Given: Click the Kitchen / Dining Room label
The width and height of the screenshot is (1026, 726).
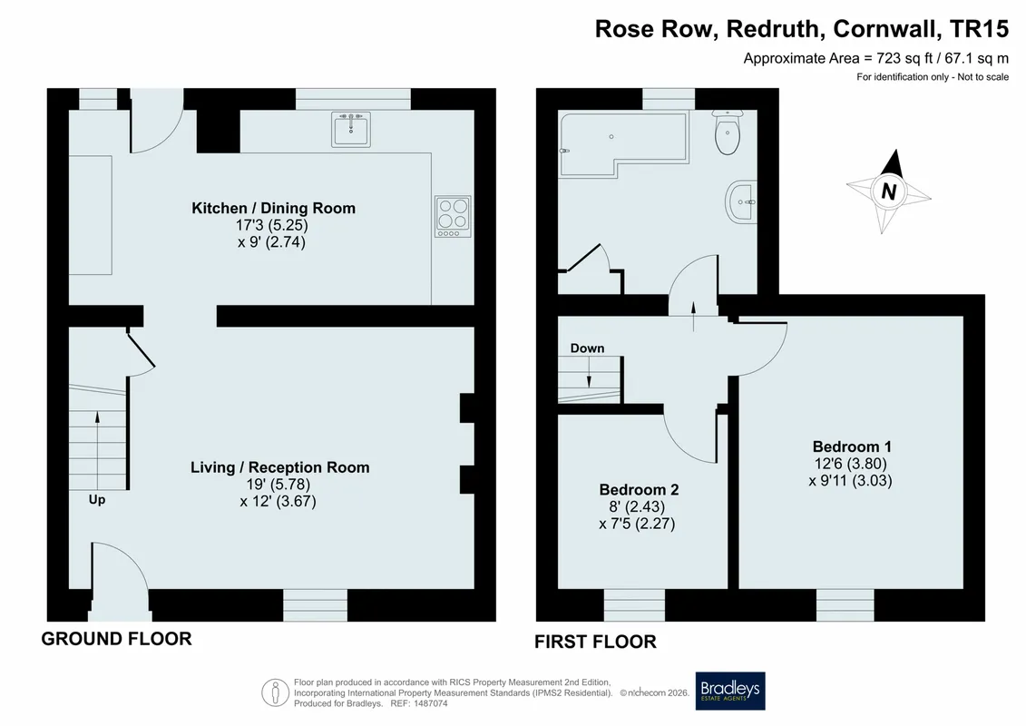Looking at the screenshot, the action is [274, 208].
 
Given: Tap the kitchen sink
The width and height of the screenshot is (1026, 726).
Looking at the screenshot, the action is [351, 129].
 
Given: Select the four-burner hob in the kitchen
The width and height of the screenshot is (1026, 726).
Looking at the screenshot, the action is [453, 216].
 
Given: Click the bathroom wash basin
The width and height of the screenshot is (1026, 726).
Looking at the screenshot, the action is [741, 202].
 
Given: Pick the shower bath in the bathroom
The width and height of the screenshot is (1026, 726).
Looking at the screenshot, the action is [624, 144].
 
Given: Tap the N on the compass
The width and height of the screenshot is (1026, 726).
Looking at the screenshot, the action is [889, 191].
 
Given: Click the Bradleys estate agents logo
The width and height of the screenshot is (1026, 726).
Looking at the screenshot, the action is [729, 691].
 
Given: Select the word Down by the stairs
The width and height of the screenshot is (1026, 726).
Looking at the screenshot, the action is [587, 348].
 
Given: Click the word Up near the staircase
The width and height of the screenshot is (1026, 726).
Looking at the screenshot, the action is [97, 499].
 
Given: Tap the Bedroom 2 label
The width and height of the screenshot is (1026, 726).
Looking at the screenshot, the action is [639, 490].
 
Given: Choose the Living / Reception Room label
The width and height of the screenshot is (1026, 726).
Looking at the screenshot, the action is [280, 467].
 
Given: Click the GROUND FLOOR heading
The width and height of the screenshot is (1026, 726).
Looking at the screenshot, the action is [116, 639].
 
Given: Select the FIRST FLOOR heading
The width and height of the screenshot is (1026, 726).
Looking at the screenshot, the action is [595, 642].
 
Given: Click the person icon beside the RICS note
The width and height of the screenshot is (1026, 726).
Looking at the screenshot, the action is [275, 692].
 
